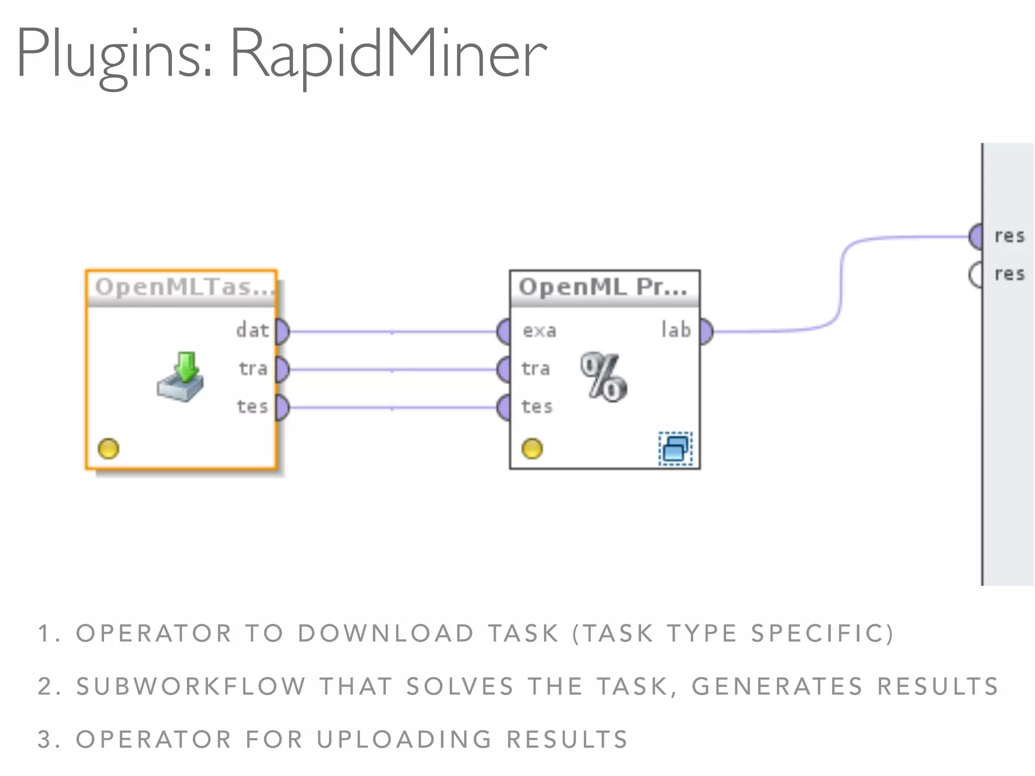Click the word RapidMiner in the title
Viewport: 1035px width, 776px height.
click(x=388, y=53)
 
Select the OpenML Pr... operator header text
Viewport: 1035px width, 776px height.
click(x=603, y=287)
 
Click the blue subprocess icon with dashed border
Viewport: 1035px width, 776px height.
click(x=675, y=448)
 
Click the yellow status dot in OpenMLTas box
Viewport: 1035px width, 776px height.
click(x=108, y=449)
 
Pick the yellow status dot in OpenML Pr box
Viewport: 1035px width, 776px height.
click(x=532, y=449)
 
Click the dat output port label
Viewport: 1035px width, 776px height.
click(x=252, y=330)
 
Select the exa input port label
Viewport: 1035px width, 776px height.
click(x=539, y=331)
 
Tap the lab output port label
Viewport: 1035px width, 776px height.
click(x=676, y=330)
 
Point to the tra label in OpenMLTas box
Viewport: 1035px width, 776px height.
click(x=253, y=368)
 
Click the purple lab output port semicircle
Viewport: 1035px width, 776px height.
click(x=706, y=331)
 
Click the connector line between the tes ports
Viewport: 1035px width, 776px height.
click(x=392, y=407)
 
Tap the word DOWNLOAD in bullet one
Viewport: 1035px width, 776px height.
click(x=385, y=634)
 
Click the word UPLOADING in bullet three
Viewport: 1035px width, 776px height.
click(x=404, y=740)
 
